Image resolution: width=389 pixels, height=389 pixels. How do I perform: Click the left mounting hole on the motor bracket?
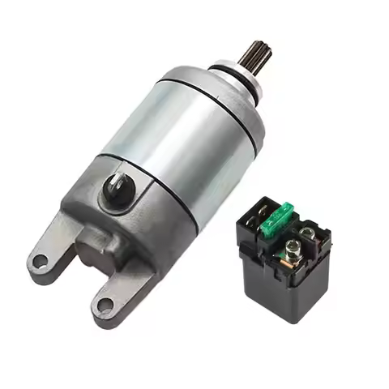pos(38,261)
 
